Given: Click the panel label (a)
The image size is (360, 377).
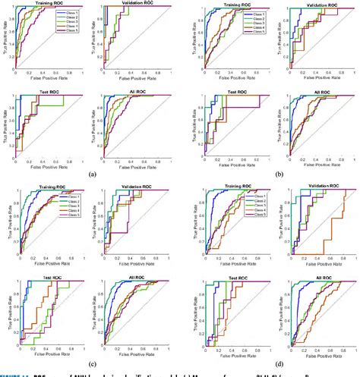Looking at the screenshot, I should click(x=92, y=174).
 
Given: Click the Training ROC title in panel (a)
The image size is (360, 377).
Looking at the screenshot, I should click(x=39, y=3).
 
